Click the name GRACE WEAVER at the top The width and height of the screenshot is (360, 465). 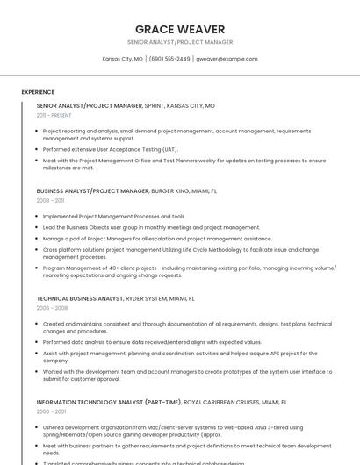pos(180,29)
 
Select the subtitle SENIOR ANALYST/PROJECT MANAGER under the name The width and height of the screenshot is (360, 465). pos(180,42)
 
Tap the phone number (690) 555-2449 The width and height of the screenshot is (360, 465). pos(169,59)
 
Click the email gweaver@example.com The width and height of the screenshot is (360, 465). pos(227,59)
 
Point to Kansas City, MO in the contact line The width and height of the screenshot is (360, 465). pos(122,59)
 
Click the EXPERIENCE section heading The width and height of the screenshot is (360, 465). pos(38,92)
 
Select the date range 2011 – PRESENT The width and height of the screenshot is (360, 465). pos(54,115)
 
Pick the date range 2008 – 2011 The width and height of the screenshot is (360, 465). pos(50,200)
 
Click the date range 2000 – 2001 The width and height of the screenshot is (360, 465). pos(51,411)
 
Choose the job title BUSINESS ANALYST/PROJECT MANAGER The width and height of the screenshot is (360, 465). pos(92,190)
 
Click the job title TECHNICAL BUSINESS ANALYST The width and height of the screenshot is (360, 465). pos(80,298)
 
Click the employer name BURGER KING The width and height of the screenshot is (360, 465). pos(172,190)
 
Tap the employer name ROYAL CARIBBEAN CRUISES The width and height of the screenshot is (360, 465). pos(220,401)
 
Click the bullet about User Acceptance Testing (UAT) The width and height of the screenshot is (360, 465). pos(110,149)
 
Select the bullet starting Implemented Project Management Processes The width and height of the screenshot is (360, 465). pos(114,216)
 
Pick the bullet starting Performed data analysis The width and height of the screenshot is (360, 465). pos(152,342)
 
